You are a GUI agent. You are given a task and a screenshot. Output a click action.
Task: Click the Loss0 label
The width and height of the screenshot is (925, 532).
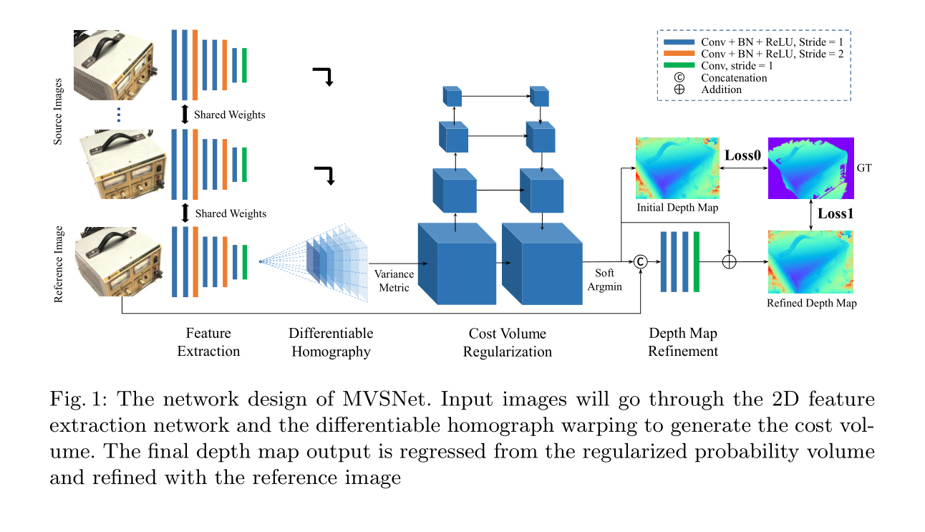(742, 155)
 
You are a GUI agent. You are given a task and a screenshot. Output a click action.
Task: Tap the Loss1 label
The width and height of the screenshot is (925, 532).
(836, 213)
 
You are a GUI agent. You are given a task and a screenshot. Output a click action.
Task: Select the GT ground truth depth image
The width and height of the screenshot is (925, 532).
(810, 168)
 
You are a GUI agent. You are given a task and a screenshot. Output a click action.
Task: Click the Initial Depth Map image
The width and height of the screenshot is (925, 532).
(677, 168)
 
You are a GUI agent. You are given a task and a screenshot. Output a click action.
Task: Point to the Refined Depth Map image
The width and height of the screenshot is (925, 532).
(810, 262)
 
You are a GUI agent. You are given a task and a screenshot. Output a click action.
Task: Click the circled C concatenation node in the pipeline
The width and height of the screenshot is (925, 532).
(641, 262)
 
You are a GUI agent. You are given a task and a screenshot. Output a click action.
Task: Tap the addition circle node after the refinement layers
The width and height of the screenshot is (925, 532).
(729, 262)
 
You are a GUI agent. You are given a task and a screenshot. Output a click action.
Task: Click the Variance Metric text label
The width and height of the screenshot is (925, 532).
(392, 281)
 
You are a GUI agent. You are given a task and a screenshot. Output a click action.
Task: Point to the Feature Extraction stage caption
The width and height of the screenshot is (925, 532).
(208, 342)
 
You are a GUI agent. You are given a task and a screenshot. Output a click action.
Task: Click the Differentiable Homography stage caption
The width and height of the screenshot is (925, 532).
(331, 342)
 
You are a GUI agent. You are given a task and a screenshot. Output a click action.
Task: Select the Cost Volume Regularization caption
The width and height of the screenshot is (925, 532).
(507, 342)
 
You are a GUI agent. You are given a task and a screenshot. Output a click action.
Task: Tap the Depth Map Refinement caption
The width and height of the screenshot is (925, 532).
(682, 342)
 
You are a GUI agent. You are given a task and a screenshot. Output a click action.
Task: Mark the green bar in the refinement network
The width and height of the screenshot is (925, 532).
(696, 262)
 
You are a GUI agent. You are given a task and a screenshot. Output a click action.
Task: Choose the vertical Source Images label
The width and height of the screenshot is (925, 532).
(59, 112)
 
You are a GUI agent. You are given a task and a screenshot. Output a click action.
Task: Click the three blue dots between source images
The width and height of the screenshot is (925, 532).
(120, 115)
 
